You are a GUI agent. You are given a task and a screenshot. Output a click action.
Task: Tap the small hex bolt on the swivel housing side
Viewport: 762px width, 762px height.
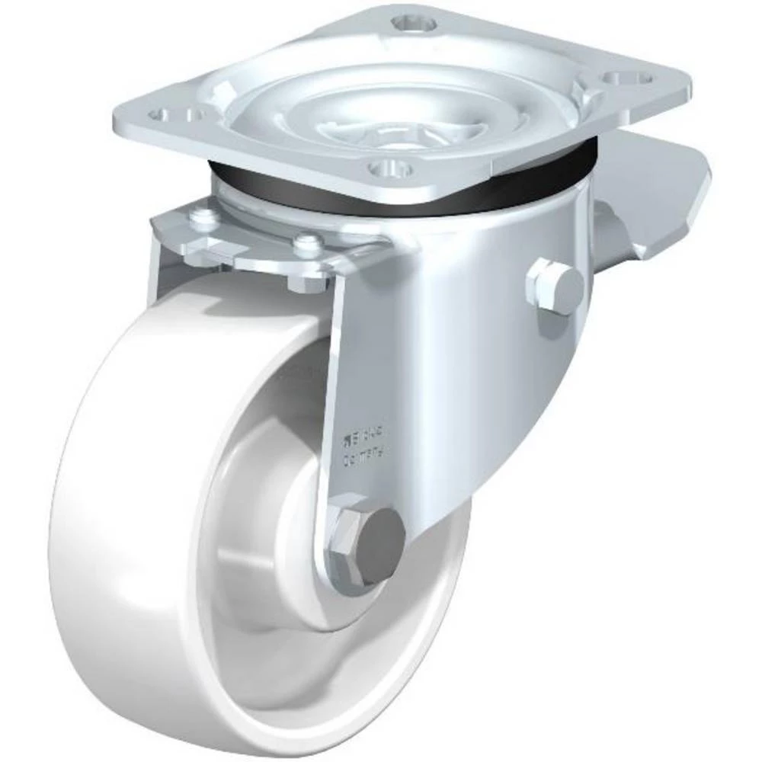click(x=554, y=287)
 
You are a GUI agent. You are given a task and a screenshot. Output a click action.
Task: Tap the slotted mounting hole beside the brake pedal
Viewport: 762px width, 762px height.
click(x=625, y=79)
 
